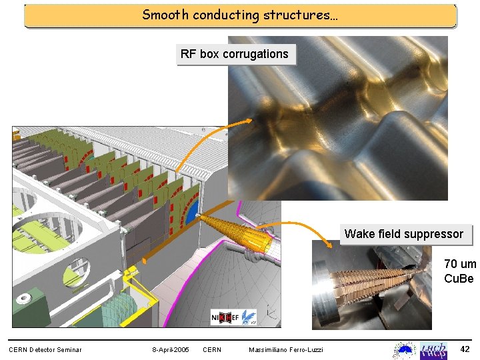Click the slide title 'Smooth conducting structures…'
[x=240, y=15]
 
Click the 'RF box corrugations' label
[x=235, y=54]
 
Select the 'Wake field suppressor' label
[x=404, y=234]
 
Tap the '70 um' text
[x=459, y=264]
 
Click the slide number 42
[x=465, y=349]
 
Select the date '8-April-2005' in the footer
[x=170, y=350]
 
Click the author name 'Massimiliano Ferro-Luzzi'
[x=286, y=350]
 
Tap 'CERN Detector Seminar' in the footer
[x=45, y=350]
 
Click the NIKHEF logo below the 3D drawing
[x=224, y=317]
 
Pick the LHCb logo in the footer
[x=433, y=349]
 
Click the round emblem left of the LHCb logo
[x=404, y=350]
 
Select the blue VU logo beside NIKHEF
[x=249, y=317]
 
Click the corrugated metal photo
[x=337, y=118]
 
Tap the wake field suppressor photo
[x=372, y=287]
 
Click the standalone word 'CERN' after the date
[x=212, y=350]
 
